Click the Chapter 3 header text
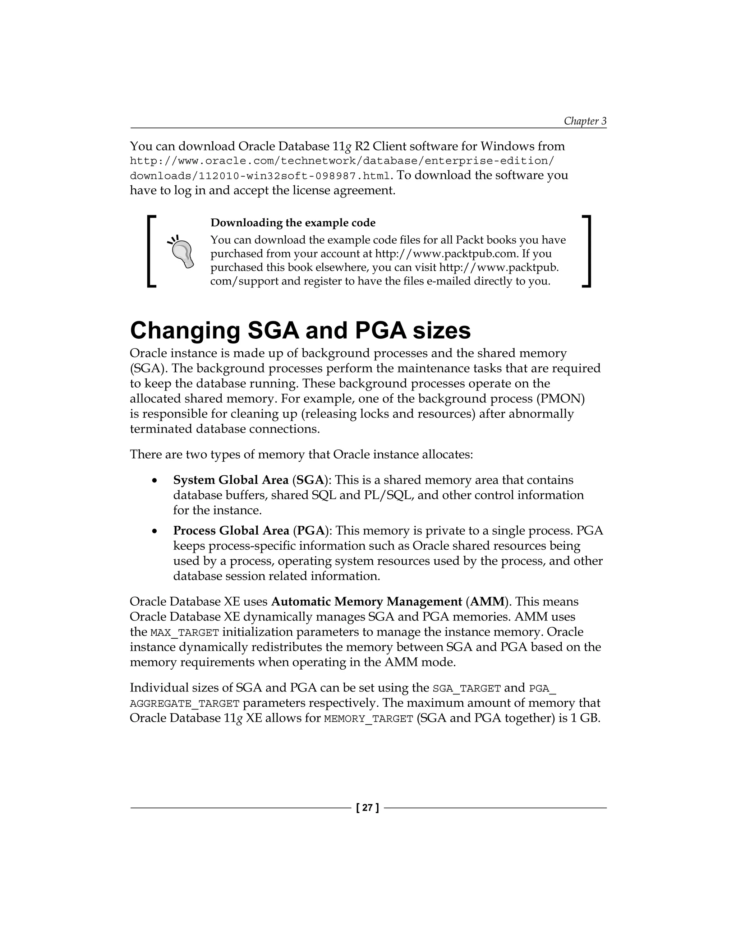click(585, 121)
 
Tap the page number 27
click(368, 808)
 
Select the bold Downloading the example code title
click(293, 223)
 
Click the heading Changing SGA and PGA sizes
click(300, 331)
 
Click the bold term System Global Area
click(231, 480)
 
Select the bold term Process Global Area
click(231, 531)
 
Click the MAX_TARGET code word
click(184, 633)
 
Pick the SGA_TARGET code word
click(466, 689)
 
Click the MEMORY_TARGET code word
click(368, 719)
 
